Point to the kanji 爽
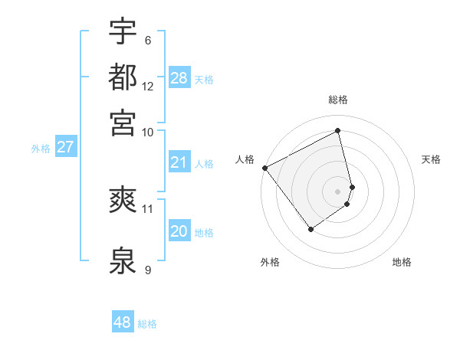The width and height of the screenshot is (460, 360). click(123, 201)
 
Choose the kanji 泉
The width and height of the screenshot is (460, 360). click(123, 260)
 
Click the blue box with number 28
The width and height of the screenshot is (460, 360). click(179, 78)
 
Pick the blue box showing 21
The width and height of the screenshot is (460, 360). click(179, 162)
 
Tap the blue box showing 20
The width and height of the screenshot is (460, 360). click(179, 231)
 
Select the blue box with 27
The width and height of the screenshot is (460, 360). click(65, 147)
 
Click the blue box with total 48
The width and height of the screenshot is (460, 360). click(123, 322)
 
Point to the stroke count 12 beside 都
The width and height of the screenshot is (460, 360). click(148, 87)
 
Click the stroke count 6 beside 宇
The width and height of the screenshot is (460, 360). click(148, 41)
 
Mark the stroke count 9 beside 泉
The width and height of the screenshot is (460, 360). click(148, 270)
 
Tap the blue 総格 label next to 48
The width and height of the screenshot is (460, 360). click(147, 324)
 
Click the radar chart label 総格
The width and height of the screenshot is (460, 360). click(338, 100)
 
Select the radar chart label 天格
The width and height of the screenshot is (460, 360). click(431, 159)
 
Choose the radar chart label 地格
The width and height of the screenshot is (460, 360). click(402, 262)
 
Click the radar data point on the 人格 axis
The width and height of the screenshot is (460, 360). click(264, 167)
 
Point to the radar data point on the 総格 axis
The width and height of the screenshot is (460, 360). click(338, 131)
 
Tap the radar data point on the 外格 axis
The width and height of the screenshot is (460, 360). click(310, 228)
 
